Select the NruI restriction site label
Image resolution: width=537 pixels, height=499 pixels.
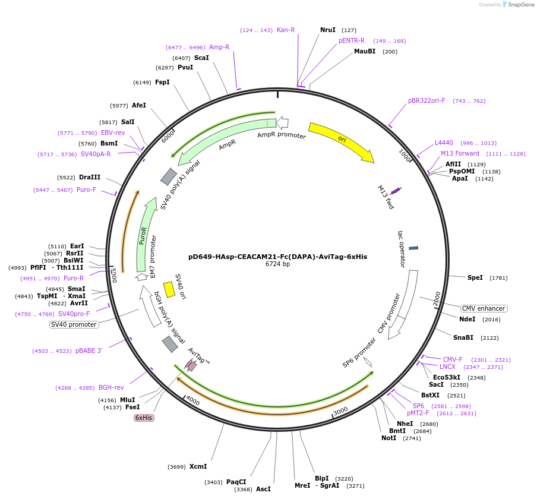[328, 30]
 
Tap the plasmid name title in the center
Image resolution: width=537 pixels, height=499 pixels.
[277, 257]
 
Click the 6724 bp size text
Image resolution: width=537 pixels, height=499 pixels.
[277, 264]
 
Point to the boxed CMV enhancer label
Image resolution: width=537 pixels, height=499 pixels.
[484, 308]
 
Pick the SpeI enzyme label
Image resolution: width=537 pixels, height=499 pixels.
[475, 277]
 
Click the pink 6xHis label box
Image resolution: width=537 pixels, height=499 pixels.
[144, 418]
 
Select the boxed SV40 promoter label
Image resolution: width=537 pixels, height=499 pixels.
[74, 324]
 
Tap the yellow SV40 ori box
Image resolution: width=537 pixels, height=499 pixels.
[169, 289]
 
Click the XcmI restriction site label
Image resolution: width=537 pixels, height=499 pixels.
[198, 466]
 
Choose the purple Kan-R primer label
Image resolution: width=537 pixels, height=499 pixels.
[286, 30]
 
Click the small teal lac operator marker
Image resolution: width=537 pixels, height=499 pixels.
[413, 248]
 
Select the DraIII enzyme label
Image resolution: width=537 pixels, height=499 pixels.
[90, 177]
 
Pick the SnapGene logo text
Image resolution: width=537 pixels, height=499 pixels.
[521, 5]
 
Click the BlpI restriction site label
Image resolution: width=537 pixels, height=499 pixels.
[321, 478]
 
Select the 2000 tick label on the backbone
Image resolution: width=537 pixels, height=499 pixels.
[437, 299]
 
